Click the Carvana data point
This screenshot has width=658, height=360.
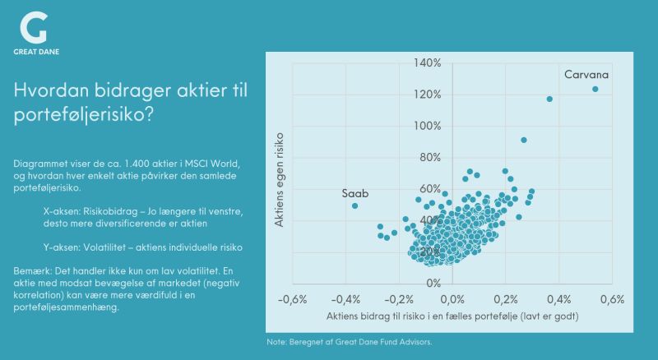pyautogui.click(x=595, y=89)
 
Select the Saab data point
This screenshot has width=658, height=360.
pyautogui.click(x=354, y=205)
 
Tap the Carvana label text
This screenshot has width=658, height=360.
pyautogui.click(x=586, y=75)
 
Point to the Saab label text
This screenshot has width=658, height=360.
pyautogui.click(x=355, y=192)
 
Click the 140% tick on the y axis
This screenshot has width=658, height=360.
pyautogui.click(x=429, y=62)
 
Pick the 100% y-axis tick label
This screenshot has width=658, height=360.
pyautogui.click(x=429, y=126)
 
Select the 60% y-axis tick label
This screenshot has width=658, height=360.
pyautogui.click(x=431, y=188)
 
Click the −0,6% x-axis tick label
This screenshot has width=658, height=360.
pyautogui.click(x=294, y=299)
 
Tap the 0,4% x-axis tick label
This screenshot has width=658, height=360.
pyautogui.click(x=558, y=299)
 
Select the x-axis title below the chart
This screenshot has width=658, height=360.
pyautogui.click(x=451, y=316)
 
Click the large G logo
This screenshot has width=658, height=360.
pyautogui.click(x=33, y=29)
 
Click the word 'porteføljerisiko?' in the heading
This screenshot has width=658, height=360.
pyautogui.click(x=84, y=116)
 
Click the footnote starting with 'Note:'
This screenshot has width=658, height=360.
pyautogui.click(x=350, y=341)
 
